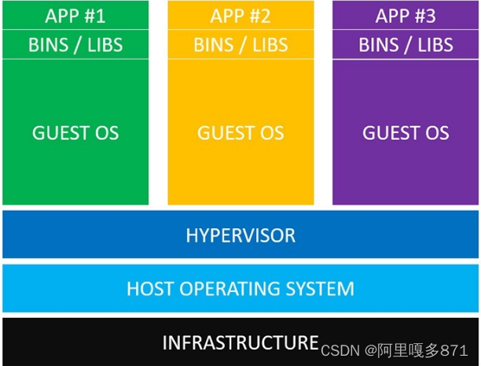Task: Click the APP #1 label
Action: (x=75, y=16)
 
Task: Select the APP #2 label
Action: (x=240, y=16)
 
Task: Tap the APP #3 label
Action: (x=406, y=16)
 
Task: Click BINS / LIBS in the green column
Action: (x=75, y=45)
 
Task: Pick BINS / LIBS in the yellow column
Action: (x=240, y=45)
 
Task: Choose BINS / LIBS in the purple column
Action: (x=406, y=45)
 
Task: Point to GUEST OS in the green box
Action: (x=75, y=133)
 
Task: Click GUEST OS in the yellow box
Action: (x=240, y=133)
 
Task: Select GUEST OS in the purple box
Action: (x=406, y=133)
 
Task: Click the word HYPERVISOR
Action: (x=240, y=235)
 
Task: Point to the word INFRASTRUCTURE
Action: (x=240, y=342)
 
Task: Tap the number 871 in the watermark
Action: (x=453, y=349)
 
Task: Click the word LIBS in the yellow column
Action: (x=269, y=45)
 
